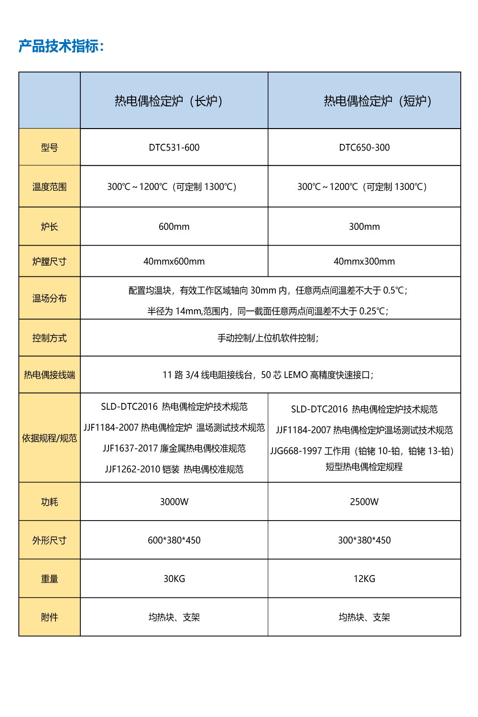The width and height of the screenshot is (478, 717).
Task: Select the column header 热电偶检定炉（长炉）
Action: (x=169, y=101)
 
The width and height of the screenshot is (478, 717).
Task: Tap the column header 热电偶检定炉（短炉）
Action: (x=378, y=101)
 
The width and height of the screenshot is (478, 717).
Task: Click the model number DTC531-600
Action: (x=174, y=148)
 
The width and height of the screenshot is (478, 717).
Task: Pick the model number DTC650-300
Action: (x=364, y=148)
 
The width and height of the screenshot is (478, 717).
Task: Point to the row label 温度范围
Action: (x=49, y=186)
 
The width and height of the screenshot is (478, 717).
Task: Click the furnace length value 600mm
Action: (x=174, y=227)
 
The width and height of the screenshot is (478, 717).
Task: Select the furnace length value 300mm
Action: (x=364, y=227)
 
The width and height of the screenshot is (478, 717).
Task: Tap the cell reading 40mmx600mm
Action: (x=174, y=261)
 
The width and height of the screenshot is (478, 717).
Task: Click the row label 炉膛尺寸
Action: (x=49, y=261)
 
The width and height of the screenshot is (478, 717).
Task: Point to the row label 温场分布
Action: (x=49, y=298)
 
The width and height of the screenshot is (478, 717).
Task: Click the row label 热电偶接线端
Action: (x=49, y=375)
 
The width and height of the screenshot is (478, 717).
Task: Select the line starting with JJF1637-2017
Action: (x=174, y=448)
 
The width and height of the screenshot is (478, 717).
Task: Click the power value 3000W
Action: (x=174, y=501)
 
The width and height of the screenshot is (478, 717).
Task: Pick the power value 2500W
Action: (x=364, y=501)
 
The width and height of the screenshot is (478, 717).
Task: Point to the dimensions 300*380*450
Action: (x=364, y=540)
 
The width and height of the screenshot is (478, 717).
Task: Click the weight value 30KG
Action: (x=174, y=579)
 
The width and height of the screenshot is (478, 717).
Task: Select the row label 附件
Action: (x=49, y=617)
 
